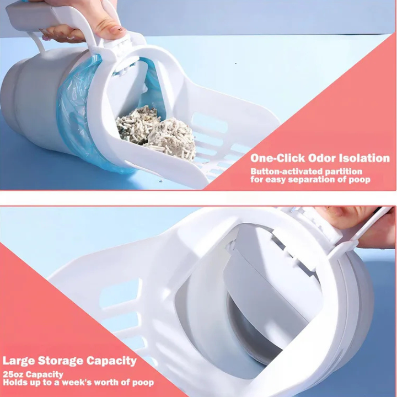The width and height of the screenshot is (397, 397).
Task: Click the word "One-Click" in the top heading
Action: (x=277, y=158)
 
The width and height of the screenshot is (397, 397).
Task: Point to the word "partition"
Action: (x=344, y=172)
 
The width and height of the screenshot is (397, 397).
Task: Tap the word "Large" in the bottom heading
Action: (x=19, y=361)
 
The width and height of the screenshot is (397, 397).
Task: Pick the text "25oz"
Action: (x=13, y=374)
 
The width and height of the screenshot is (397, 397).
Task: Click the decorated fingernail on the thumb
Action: (x=117, y=30)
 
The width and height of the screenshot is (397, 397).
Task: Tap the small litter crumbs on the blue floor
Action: (x=160, y=181)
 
